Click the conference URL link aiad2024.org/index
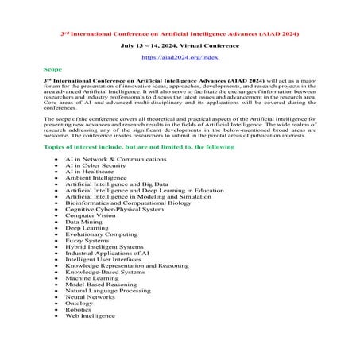coord(180,58)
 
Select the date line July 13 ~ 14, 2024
coord(180,46)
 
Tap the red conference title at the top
coord(180,35)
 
